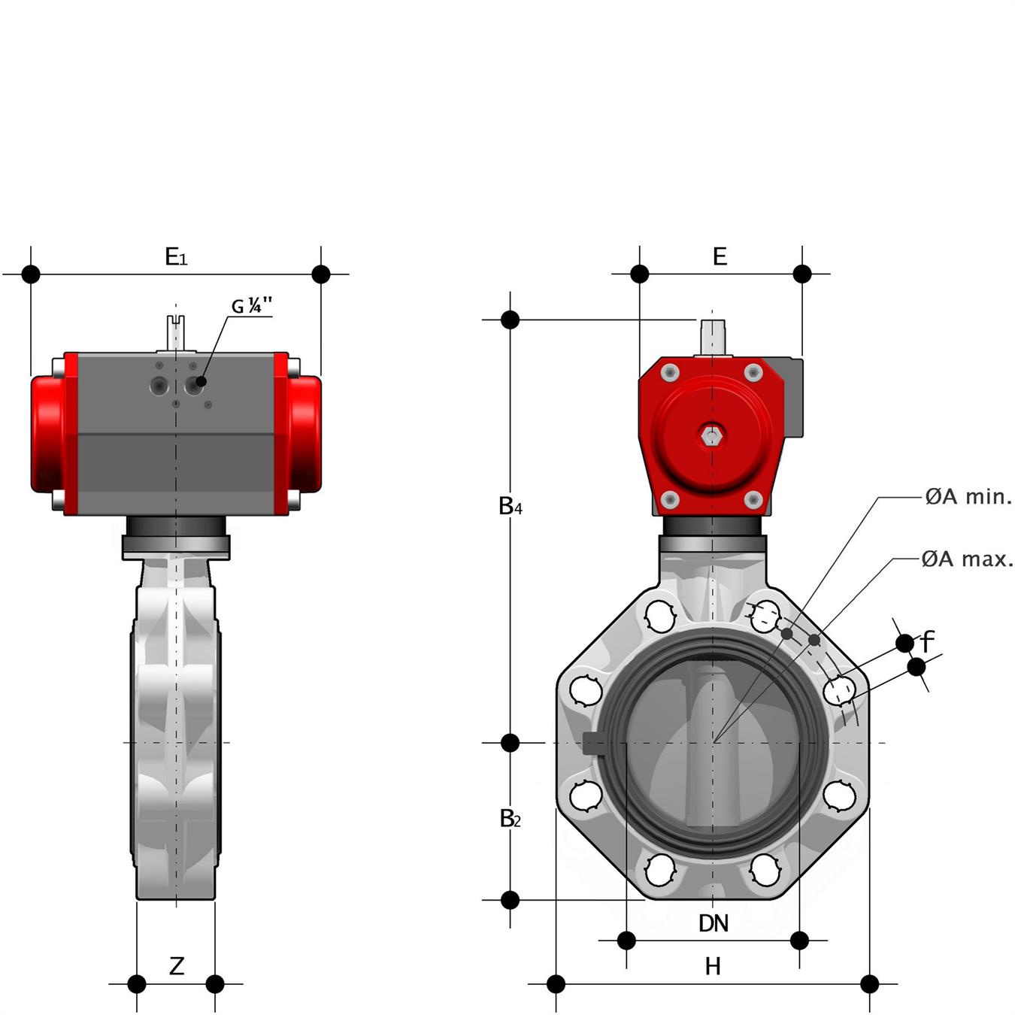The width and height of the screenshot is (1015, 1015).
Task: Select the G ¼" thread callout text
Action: pyautogui.click(x=252, y=306)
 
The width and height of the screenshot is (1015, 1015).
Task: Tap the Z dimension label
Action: pyautogui.click(x=177, y=965)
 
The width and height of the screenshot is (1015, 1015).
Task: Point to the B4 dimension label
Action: pyautogui.click(x=510, y=506)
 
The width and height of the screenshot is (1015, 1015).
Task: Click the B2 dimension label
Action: pyautogui.click(x=509, y=819)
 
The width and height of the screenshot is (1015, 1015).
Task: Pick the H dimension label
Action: pyautogui.click(x=713, y=967)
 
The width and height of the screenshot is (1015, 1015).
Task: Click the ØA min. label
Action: pyautogui.click(x=968, y=497)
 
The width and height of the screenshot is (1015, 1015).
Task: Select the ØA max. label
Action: pyautogui.click(x=967, y=559)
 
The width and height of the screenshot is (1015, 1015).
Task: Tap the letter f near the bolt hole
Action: pyautogui.click(x=927, y=641)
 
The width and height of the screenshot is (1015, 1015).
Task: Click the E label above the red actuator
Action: pyautogui.click(x=720, y=256)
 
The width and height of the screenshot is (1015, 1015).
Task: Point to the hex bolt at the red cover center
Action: pyautogui.click(x=711, y=436)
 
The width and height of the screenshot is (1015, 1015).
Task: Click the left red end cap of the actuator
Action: pyautogui.click(x=48, y=434)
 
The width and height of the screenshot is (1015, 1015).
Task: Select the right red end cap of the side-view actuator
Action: pyautogui.click(x=304, y=434)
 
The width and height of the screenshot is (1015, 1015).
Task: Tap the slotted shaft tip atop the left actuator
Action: pyautogui.click(x=176, y=332)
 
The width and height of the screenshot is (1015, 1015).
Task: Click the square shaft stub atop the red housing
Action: pyautogui.click(x=712, y=337)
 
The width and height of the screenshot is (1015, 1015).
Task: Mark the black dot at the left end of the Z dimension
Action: pyautogui.click(x=136, y=983)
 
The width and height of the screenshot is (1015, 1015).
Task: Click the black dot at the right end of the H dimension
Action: pyautogui.click(x=869, y=983)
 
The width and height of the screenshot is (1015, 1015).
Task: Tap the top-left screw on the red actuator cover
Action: pyautogui.click(x=669, y=374)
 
